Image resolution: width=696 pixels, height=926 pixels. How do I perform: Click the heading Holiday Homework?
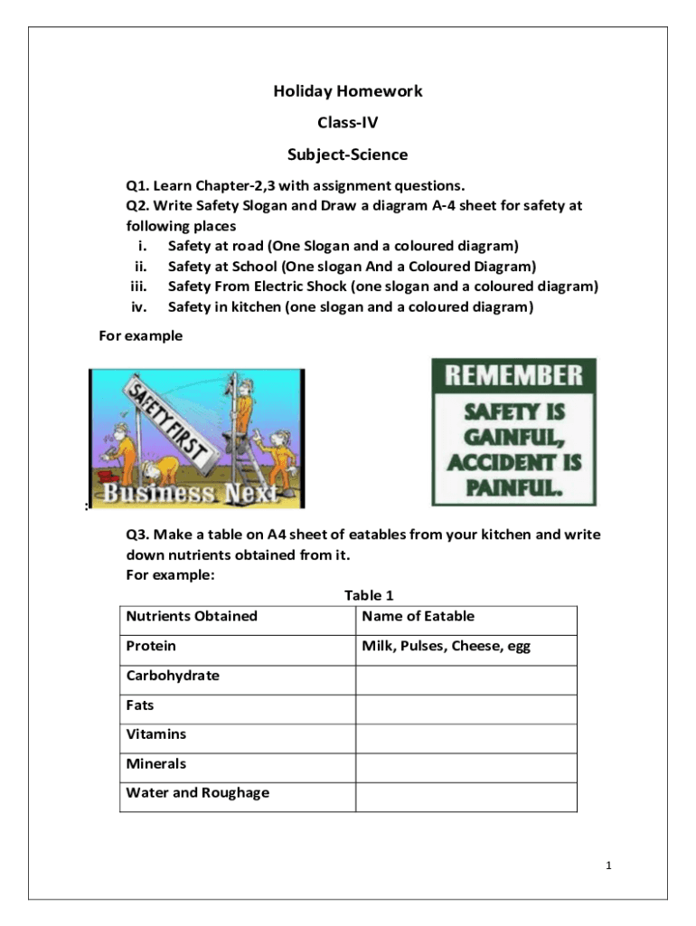click(x=348, y=91)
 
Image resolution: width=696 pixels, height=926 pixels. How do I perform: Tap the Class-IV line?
click(x=348, y=123)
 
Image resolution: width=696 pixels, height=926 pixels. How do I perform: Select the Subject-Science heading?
click(x=348, y=155)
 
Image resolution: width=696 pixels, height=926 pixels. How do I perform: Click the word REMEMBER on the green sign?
click(x=513, y=375)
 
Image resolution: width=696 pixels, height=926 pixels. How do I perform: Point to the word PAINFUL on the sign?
click(x=513, y=489)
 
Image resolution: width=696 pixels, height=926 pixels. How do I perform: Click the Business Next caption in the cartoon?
click(x=190, y=494)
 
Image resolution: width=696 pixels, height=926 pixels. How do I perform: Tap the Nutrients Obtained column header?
click(x=192, y=617)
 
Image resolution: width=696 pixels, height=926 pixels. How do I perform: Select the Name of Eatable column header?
click(x=418, y=617)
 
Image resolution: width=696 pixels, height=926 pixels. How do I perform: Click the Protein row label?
click(x=151, y=647)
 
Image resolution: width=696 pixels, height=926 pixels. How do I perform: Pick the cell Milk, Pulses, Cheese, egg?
click(x=446, y=647)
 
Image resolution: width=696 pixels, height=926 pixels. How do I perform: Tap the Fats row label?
click(x=140, y=705)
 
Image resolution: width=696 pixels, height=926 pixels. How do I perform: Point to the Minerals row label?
click(x=155, y=764)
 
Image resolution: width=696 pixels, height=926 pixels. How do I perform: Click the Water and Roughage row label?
click(x=197, y=793)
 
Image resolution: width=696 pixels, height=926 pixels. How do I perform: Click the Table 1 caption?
click(x=369, y=595)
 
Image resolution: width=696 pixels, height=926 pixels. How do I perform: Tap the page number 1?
click(x=609, y=866)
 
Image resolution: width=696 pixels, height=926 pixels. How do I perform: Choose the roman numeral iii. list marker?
click(x=138, y=287)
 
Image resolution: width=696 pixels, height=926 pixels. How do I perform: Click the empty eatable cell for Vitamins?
click(x=466, y=738)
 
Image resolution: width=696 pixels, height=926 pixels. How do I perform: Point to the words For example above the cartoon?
click(x=140, y=336)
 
